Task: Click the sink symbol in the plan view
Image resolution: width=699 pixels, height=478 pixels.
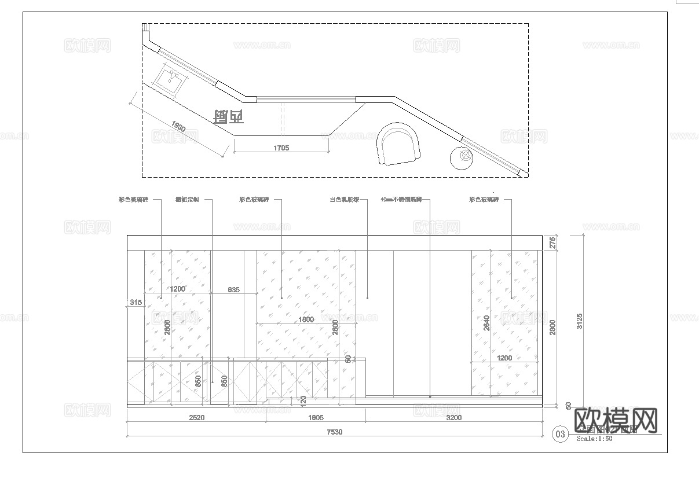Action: pyautogui.click(x=170, y=80)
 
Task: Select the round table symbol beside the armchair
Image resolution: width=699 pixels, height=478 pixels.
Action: pyautogui.click(x=464, y=156)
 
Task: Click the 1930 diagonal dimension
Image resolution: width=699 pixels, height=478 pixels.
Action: pyautogui.click(x=178, y=127)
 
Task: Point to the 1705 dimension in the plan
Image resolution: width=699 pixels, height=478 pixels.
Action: pyautogui.click(x=281, y=148)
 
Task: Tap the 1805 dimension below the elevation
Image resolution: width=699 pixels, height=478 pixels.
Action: pyautogui.click(x=316, y=417)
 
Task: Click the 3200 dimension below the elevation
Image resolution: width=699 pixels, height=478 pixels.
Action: pyautogui.click(x=454, y=417)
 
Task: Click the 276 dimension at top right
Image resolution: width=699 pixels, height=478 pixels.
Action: pyautogui.click(x=552, y=242)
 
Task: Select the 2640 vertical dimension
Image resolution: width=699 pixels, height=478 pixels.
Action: pyautogui.click(x=486, y=323)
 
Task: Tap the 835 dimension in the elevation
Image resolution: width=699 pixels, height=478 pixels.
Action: pyautogui.click(x=233, y=289)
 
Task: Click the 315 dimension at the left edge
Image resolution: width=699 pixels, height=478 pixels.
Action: pyautogui.click(x=136, y=302)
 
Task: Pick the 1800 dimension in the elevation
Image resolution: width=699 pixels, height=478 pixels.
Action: pyautogui.click(x=306, y=319)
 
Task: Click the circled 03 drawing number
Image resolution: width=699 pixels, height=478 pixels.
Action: pyautogui.click(x=560, y=434)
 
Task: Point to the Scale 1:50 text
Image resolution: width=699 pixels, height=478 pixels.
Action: pyautogui.click(x=594, y=439)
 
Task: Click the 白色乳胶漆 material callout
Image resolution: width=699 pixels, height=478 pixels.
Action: pyautogui.click(x=344, y=200)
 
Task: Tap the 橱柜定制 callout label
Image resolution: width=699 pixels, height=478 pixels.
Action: pyautogui.click(x=187, y=200)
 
